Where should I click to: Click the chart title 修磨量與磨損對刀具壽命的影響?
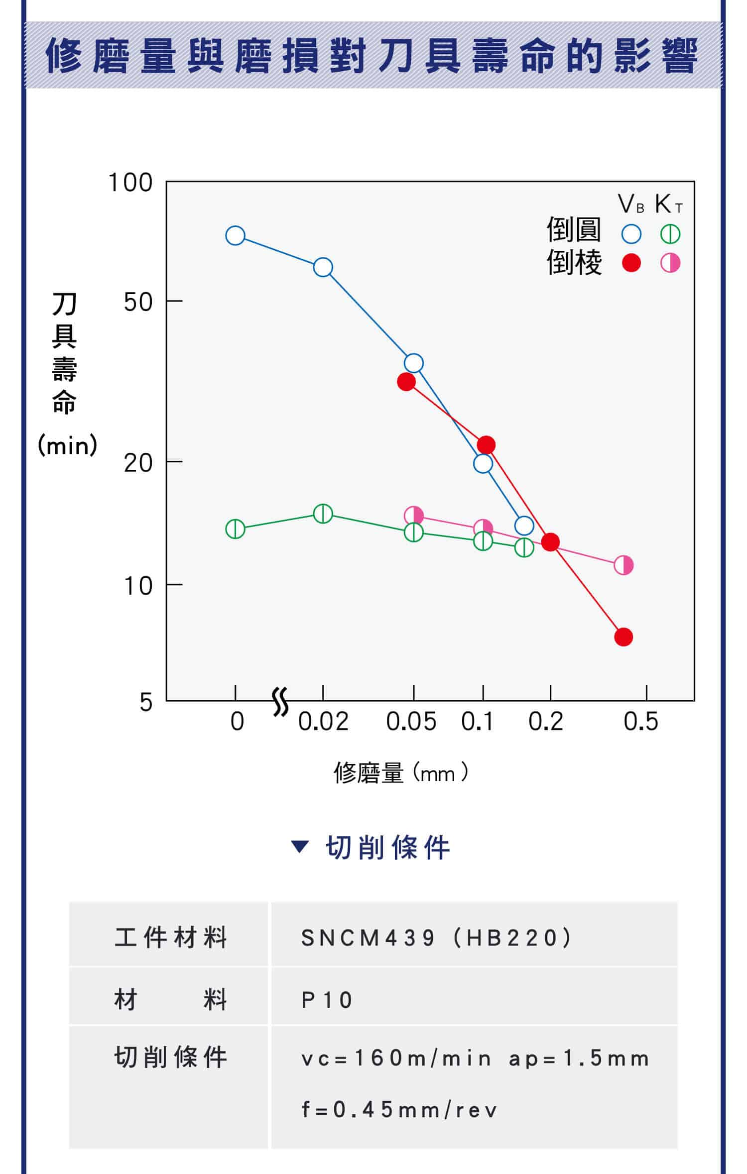372,56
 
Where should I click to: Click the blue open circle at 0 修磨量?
235,235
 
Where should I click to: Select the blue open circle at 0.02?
323,267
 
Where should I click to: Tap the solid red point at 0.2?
550,542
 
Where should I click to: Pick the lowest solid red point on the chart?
623,637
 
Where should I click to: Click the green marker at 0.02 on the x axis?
323,514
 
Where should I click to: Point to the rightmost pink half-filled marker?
623,565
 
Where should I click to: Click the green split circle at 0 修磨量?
235,529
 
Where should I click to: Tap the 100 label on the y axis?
130,183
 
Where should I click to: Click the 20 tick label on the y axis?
138,463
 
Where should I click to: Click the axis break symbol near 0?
281,702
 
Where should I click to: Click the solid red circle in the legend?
631,263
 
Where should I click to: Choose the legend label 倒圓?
574,230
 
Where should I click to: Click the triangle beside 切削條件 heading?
300,847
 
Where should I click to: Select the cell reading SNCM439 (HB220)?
436,938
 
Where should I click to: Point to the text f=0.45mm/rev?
399,1110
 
